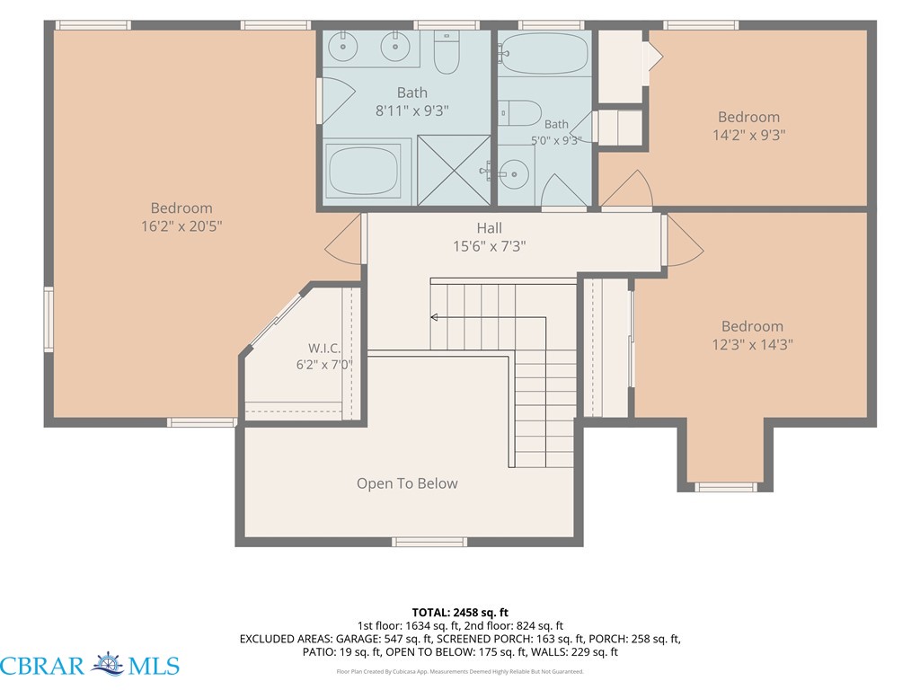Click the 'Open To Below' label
tap(407, 483)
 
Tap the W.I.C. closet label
tap(324, 348)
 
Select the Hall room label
tap(490, 227)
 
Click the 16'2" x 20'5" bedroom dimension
tap(181, 226)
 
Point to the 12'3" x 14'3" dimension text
tap(752, 344)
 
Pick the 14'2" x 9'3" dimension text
tap(748, 135)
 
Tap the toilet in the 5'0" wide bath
tap(519, 112)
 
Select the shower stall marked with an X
tap(454, 170)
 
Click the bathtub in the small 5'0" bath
tap(544, 53)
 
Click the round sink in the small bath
tap(514, 173)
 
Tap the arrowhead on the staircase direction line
tap(434, 317)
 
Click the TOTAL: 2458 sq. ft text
tap(460, 613)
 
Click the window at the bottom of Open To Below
tap(429, 542)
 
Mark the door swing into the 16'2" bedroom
tap(343, 239)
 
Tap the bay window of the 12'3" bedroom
tap(726, 487)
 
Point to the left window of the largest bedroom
tap(49, 319)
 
